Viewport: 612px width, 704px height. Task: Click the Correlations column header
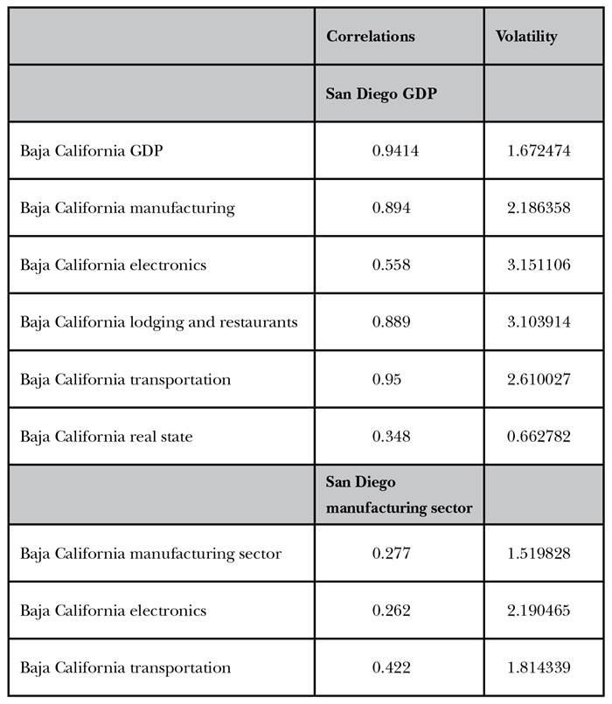click(x=371, y=37)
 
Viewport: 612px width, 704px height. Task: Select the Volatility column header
click(x=526, y=37)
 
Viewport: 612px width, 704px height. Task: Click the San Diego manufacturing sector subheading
click(x=400, y=495)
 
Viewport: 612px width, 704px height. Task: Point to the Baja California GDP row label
click(x=91, y=151)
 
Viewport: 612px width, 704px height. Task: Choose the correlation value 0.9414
click(x=396, y=151)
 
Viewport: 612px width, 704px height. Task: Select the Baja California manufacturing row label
click(x=127, y=208)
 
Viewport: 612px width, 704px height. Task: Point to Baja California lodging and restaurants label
click(x=158, y=322)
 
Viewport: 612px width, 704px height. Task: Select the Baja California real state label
click(x=108, y=436)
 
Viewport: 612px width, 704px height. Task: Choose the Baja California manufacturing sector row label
click(x=150, y=554)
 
